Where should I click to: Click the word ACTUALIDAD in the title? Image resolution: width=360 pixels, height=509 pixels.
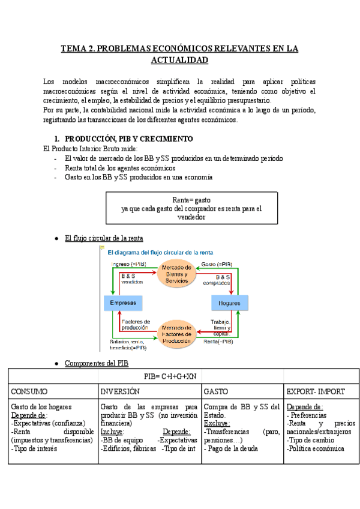click(x=179, y=60)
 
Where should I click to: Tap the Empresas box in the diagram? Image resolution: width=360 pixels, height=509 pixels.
click(x=122, y=303)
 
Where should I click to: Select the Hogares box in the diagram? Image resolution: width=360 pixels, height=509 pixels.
click(x=229, y=303)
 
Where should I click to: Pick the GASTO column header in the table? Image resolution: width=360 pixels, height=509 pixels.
click(x=216, y=391)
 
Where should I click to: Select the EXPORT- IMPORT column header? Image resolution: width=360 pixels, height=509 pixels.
click(x=316, y=391)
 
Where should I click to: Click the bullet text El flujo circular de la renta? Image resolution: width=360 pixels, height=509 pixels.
click(x=104, y=238)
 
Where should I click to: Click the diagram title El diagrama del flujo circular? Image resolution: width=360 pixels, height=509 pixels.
click(x=160, y=252)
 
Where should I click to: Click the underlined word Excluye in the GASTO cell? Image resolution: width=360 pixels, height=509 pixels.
click(x=217, y=423)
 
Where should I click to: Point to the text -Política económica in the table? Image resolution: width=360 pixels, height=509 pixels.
click(x=316, y=448)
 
